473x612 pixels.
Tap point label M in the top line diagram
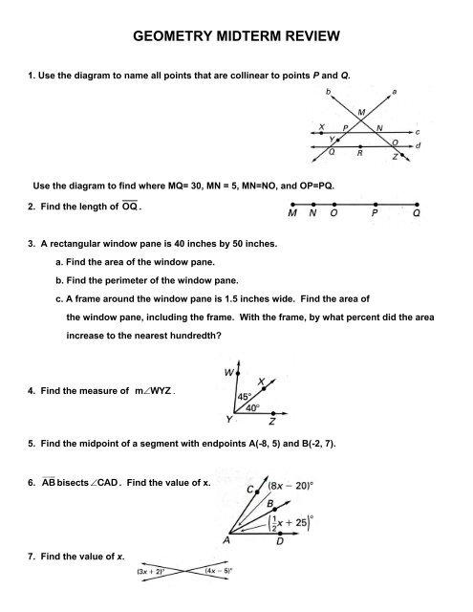(361, 113)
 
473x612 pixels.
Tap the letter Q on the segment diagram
(416, 215)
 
